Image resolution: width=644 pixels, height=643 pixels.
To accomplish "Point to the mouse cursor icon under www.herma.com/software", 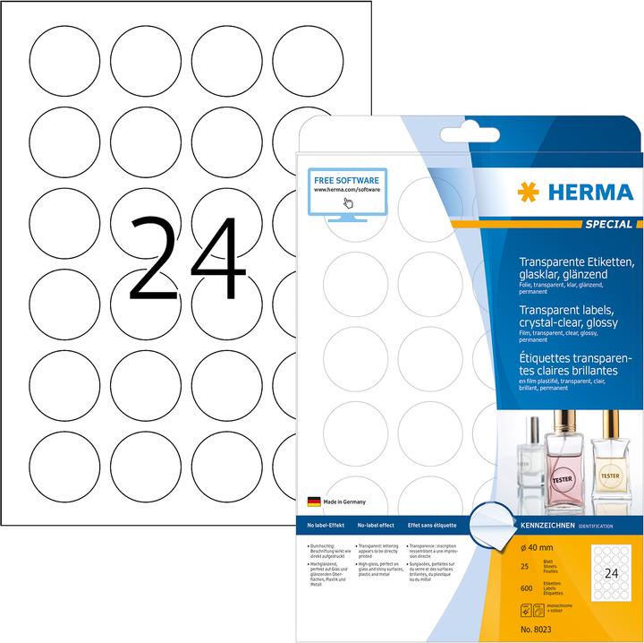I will point(347,201).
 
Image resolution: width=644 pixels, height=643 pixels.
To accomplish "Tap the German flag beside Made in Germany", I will point(315,503).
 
